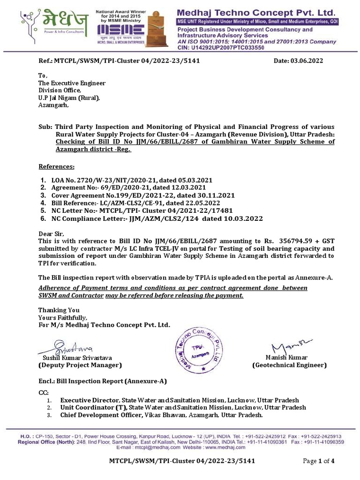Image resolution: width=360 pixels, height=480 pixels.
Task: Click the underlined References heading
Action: point(56,166)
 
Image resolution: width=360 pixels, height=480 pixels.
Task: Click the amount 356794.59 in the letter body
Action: point(292,241)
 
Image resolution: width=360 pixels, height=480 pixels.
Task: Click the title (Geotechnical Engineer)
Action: point(289,365)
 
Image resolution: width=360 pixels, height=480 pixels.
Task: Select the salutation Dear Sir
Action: point(50,233)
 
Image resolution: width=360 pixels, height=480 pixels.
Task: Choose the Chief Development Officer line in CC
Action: point(161,415)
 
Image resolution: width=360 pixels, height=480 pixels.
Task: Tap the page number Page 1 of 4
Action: point(319,461)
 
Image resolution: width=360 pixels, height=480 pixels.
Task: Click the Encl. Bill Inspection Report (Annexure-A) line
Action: point(102,381)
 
